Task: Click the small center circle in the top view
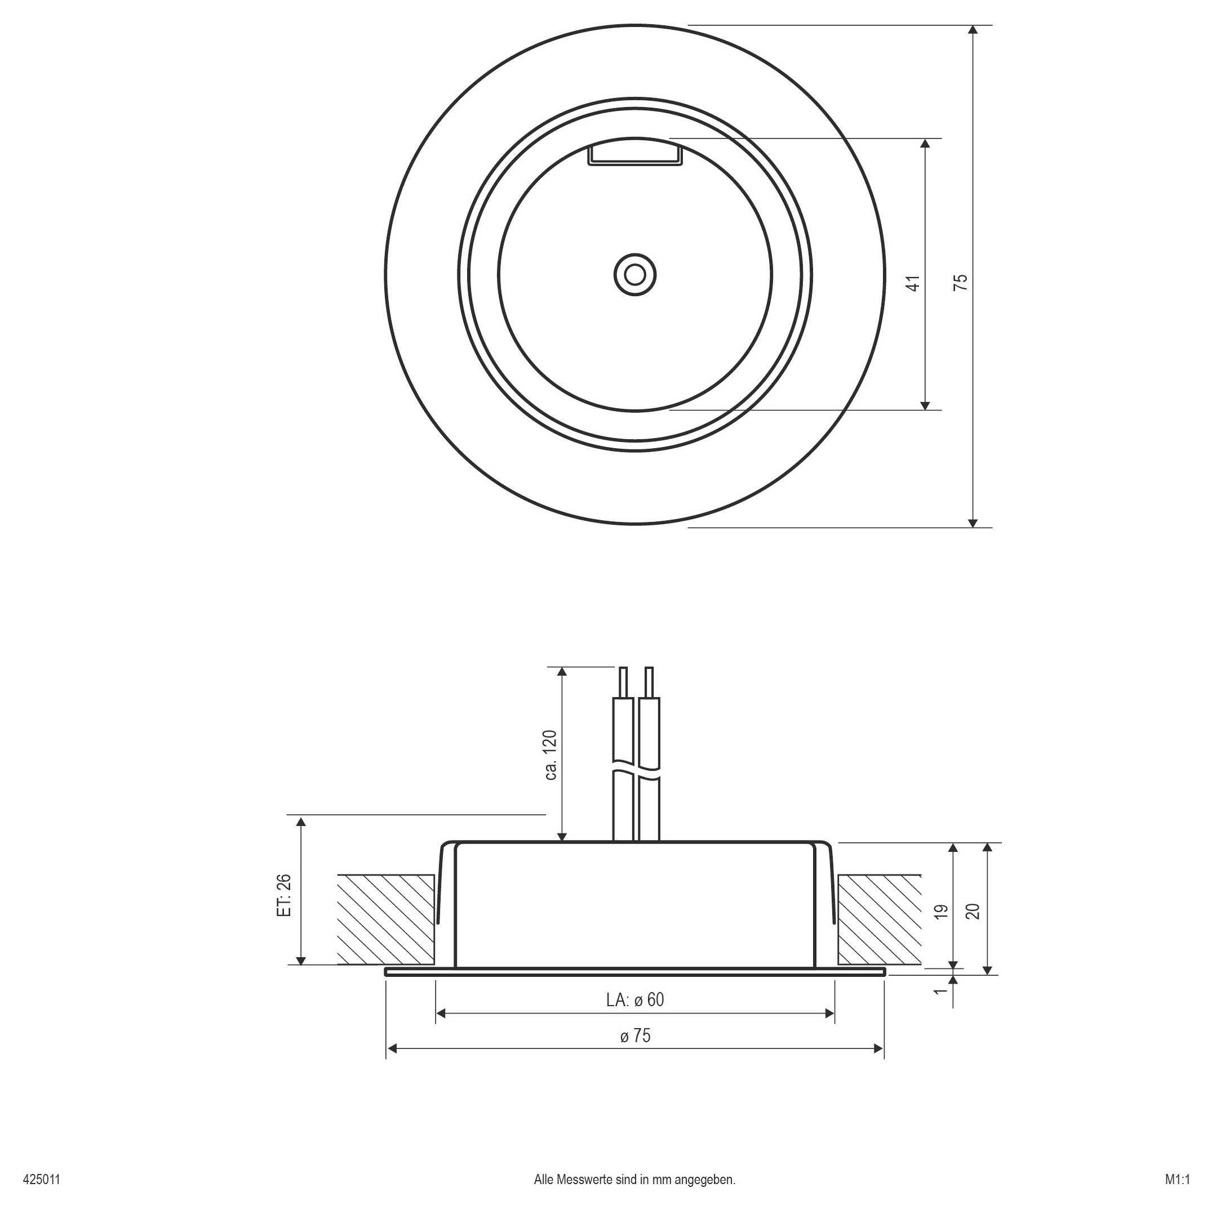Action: click(x=635, y=275)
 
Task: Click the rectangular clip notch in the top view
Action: click(x=635, y=155)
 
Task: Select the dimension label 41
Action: click(x=914, y=282)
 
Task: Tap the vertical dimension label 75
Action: click(x=961, y=282)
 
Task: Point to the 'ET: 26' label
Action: click(x=284, y=895)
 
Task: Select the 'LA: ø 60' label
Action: click(x=635, y=1000)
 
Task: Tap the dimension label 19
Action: click(x=940, y=912)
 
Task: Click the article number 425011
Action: click(x=41, y=1178)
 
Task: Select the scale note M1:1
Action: click(x=1177, y=1178)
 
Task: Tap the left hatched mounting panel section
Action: click(x=386, y=919)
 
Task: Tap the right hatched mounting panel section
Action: click(x=880, y=919)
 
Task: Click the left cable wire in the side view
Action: click(x=623, y=752)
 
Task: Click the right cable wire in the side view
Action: click(x=649, y=752)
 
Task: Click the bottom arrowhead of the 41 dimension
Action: click(x=925, y=405)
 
